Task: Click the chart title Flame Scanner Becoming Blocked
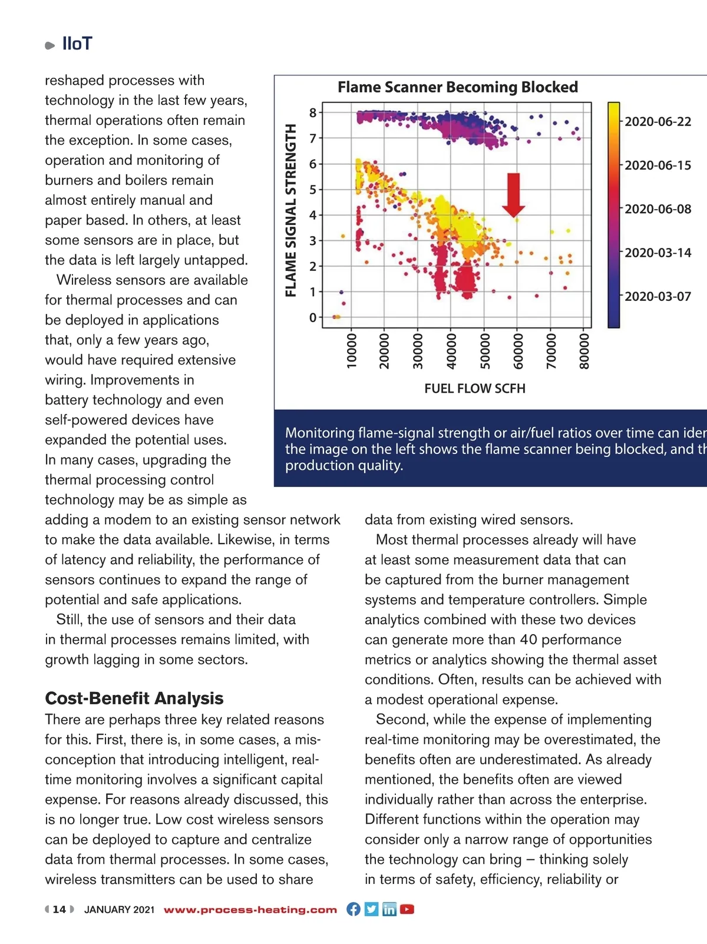click(x=457, y=87)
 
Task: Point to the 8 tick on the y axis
click(x=313, y=112)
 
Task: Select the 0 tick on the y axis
click(x=313, y=317)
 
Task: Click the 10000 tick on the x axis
click(x=352, y=351)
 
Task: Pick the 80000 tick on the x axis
click(x=584, y=351)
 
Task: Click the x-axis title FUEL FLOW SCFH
click(x=475, y=389)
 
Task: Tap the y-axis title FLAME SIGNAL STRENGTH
click(x=290, y=210)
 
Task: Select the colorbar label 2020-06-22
click(x=658, y=122)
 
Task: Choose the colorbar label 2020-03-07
click(x=658, y=296)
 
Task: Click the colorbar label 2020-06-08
click(x=658, y=209)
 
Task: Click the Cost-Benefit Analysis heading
click(x=134, y=698)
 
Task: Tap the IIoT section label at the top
click(x=77, y=44)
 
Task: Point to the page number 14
click(x=60, y=909)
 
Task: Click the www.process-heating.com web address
click(x=250, y=910)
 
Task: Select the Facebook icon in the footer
click(x=353, y=909)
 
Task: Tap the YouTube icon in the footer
click(x=407, y=909)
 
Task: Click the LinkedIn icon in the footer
click(x=389, y=909)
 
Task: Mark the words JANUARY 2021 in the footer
click(x=119, y=910)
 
